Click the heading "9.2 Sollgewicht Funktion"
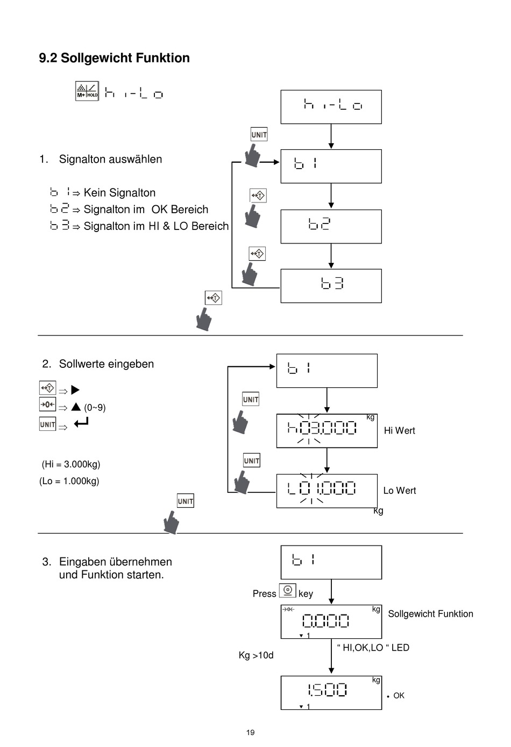click(114, 58)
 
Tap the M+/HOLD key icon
click(87, 90)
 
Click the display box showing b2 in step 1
click(331, 226)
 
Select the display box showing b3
click(331, 286)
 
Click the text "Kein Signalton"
click(119, 193)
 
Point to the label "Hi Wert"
click(400, 430)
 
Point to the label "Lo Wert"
click(400, 491)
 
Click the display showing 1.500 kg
click(331, 693)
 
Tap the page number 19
click(251, 732)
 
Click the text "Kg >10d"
click(256, 655)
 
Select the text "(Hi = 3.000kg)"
click(71, 464)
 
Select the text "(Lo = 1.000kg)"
click(69, 481)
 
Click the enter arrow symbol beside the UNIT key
click(81, 423)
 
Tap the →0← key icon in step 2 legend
click(47, 404)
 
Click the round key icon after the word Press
click(287, 590)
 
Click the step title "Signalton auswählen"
click(110, 159)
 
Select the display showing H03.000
click(327, 431)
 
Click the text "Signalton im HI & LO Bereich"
click(156, 226)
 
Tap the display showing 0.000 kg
click(331, 622)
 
